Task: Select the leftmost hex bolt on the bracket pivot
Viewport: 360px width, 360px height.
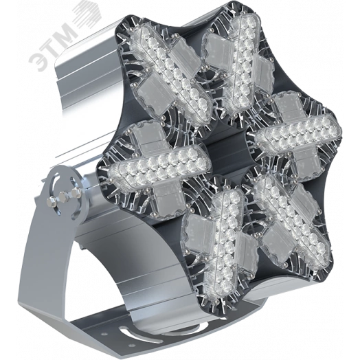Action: pos(52,202)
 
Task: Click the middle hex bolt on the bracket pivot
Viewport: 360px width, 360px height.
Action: pos(63,196)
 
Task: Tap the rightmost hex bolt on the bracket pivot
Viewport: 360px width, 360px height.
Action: pos(76,192)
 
